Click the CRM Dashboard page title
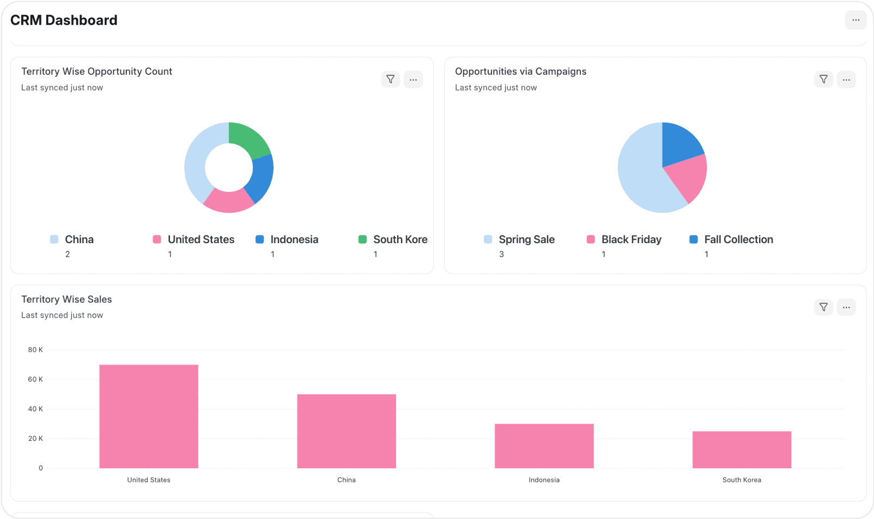click(x=64, y=20)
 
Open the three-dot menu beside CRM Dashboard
click(x=855, y=20)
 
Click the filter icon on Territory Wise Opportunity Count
click(x=390, y=80)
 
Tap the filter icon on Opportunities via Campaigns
click(x=823, y=80)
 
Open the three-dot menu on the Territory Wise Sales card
click(x=846, y=307)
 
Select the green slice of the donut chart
click(x=248, y=138)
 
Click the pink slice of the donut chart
click(x=229, y=201)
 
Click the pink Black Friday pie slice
click(x=688, y=177)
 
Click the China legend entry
click(x=79, y=239)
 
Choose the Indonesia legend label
click(x=294, y=239)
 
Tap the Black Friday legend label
click(x=631, y=239)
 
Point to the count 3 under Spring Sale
click(x=501, y=255)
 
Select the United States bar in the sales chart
click(x=149, y=417)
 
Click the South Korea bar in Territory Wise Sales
click(x=742, y=450)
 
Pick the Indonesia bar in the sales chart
click(x=544, y=446)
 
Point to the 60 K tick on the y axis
click(x=35, y=379)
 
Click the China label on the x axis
click(x=346, y=480)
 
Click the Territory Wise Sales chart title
click(x=66, y=299)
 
